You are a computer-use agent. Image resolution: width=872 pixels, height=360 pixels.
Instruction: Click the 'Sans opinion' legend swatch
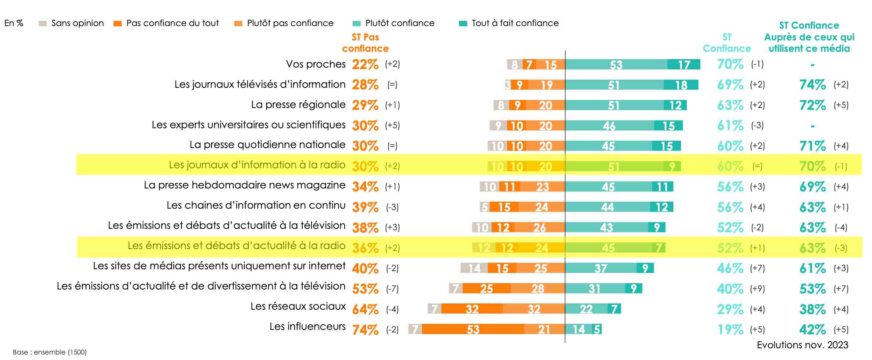click(x=43, y=24)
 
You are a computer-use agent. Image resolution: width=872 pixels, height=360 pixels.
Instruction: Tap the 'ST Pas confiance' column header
click(x=365, y=43)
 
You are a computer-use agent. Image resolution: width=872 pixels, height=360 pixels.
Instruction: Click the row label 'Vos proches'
click(x=316, y=64)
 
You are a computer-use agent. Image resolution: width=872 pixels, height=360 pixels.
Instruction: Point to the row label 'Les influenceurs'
click(x=307, y=327)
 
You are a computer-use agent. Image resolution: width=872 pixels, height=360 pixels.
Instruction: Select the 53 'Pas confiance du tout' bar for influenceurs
click(x=473, y=329)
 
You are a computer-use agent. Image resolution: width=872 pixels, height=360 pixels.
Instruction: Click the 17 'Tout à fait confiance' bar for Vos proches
click(x=684, y=65)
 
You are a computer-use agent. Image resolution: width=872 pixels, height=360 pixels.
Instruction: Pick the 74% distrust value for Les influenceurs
click(x=365, y=330)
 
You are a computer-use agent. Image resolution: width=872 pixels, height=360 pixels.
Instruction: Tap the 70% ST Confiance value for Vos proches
click(x=730, y=64)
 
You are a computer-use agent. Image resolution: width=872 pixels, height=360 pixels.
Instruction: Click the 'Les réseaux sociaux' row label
click(x=298, y=306)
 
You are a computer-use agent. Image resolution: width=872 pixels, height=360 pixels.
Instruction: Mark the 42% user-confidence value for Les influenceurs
click(x=812, y=330)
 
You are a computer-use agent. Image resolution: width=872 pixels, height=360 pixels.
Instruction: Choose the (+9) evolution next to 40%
click(x=757, y=289)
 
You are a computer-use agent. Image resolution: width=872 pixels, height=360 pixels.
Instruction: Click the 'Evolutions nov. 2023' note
click(x=802, y=345)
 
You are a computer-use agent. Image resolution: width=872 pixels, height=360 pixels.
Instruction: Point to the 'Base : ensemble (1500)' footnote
click(x=50, y=352)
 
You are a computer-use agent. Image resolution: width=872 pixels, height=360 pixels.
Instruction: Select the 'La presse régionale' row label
click(x=298, y=105)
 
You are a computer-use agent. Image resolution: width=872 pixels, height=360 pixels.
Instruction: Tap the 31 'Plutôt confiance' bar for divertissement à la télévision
click(x=595, y=289)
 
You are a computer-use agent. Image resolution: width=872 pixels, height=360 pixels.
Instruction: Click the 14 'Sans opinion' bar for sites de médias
click(x=474, y=268)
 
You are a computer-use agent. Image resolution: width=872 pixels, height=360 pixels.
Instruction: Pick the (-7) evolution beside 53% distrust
click(x=392, y=289)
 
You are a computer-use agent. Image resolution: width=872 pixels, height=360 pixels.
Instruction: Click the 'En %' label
click(x=14, y=23)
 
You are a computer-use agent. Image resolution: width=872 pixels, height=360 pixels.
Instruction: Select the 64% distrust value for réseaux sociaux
click(x=365, y=309)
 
